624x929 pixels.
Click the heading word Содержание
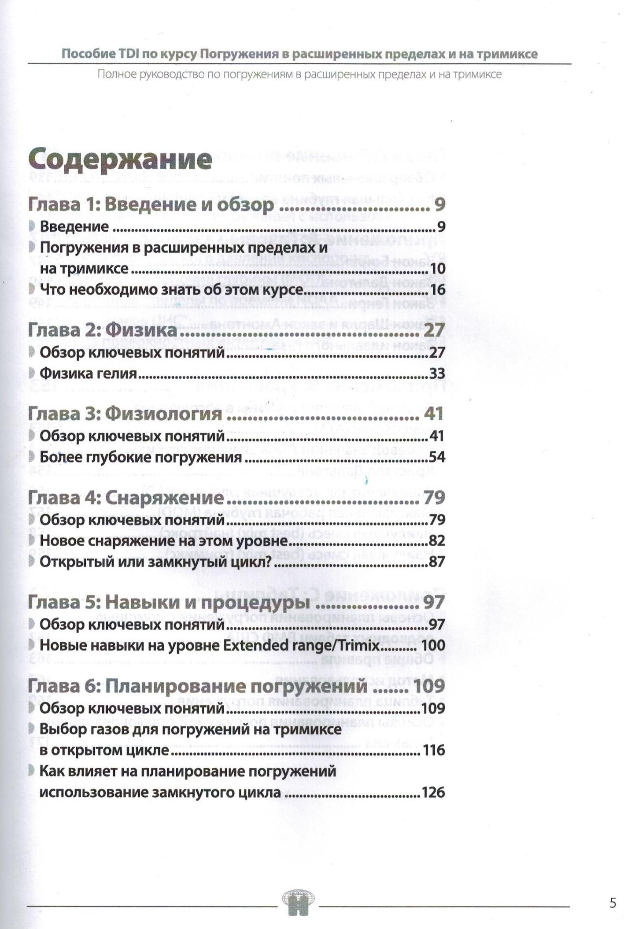[120, 159]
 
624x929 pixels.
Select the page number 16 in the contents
[436, 290]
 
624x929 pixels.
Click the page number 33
[437, 374]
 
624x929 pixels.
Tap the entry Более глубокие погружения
[140, 457]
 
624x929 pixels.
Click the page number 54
[437, 457]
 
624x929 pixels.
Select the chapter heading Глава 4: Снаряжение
[126, 498]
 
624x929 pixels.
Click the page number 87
[437, 562]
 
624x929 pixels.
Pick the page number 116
[434, 750]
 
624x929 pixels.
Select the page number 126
[433, 792]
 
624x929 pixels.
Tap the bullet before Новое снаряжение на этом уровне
[32, 540]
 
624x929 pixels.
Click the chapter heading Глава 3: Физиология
[125, 414]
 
